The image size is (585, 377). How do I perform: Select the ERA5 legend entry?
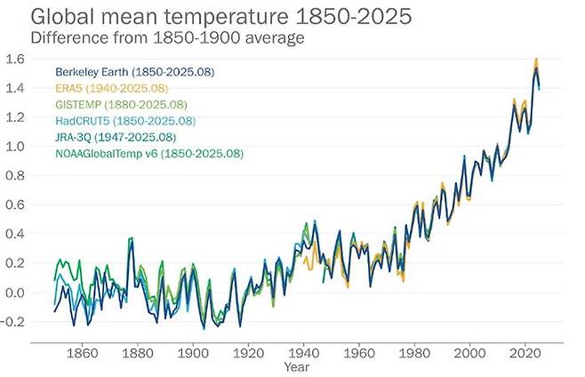click(111, 88)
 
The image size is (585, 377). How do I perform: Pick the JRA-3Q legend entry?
click(116, 137)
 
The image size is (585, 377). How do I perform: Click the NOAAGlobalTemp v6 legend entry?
click(148, 154)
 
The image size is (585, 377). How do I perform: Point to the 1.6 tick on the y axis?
click(15, 60)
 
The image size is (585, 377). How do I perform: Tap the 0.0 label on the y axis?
click(15, 293)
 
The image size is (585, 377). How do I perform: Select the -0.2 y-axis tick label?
click(13, 322)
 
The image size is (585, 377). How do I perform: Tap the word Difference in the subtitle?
click(68, 37)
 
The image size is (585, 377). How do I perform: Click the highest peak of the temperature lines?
click(536, 60)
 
